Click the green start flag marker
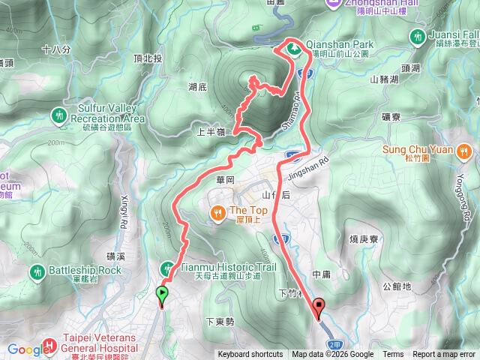[x=161, y=295]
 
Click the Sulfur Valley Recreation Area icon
[x=60, y=115]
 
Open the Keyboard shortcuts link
[x=250, y=355]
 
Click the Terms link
[x=393, y=355]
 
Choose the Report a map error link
[x=445, y=355]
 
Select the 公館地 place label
[x=397, y=286]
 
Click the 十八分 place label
[x=57, y=49]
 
